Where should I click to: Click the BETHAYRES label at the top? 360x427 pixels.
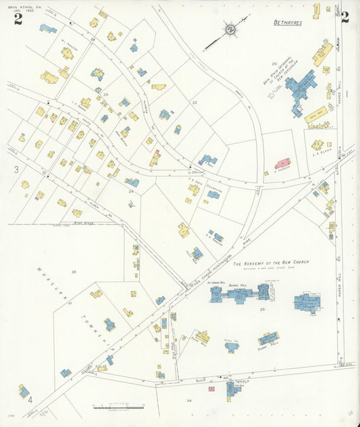[x=288, y=22]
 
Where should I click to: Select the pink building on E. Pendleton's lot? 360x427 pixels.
[x=282, y=164]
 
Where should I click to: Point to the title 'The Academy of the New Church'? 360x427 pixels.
[x=271, y=262]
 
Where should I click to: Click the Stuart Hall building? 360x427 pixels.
[x=268, y=338]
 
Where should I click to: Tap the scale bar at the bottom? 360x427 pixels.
[x=118, y=407]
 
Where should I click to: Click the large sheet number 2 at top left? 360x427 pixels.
[x=18, y=19]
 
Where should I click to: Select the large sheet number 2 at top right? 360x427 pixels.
[x=345, y=18]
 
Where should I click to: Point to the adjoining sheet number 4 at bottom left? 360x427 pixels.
[x=30, y=399]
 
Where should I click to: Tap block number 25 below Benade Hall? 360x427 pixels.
[x=261, y=309]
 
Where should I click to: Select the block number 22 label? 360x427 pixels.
[x=194, y=102]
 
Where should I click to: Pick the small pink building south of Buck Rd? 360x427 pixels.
[x=211, y=388]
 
